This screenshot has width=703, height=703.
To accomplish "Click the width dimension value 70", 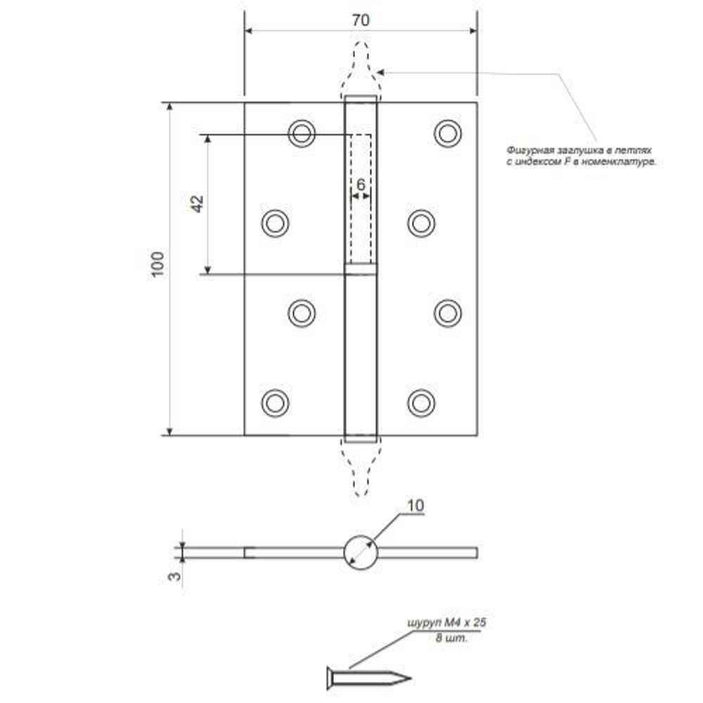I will (x=360, y=20).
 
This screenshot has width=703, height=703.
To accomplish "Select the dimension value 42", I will (x=198, y=204).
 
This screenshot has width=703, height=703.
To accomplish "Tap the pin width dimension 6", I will (x=360, y=185).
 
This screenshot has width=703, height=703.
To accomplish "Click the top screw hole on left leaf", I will (x=302, y=133).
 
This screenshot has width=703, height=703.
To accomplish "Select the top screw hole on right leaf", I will (x=447, y=133).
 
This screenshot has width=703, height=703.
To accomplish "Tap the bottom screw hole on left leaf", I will (x=275, y=402).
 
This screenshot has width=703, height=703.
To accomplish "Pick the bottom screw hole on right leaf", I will (x=420, y=402).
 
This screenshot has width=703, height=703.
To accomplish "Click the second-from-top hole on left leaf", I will (x=275, y=223).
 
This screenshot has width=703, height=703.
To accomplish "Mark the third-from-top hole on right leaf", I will (x=447, y=313).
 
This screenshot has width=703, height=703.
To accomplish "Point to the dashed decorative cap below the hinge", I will (x=360, y=467).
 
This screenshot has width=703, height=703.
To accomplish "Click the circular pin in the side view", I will (x=360, y=552).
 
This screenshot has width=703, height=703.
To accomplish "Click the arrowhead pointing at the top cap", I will (x=380, y=72).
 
